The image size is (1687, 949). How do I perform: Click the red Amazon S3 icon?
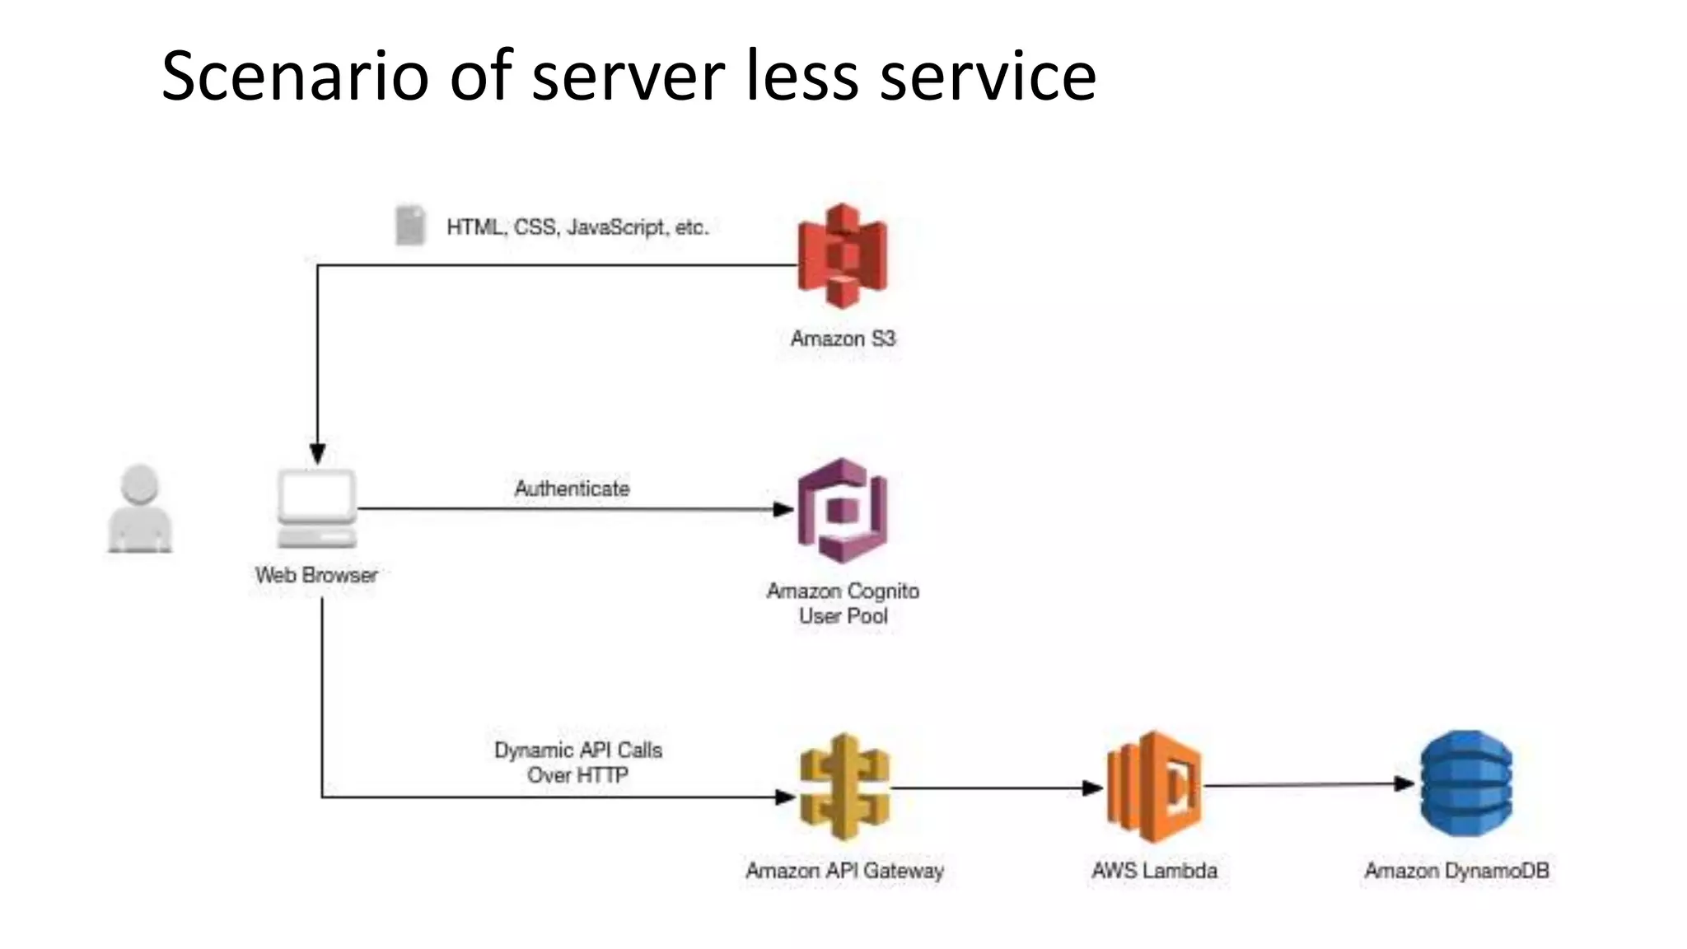point(842,256)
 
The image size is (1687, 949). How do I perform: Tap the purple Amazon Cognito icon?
point(842,511)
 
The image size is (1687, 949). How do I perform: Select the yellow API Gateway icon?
point(844,787)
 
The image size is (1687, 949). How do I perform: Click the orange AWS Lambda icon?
point(1153,787)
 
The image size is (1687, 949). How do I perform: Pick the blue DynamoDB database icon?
point(1465,783)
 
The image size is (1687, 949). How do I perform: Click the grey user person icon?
point(140,508)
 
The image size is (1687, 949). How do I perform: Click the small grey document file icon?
point(410,225)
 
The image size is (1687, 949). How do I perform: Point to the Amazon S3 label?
point(843,339)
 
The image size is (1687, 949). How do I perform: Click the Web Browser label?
point(316,575)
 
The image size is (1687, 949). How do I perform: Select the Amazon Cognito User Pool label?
point(843,603)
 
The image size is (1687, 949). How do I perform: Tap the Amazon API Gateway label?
point(844,871)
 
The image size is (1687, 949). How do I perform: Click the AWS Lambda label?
point(1154,871)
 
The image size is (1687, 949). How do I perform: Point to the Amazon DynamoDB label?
point(1456,871)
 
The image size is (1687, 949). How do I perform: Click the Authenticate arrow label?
point(572,489)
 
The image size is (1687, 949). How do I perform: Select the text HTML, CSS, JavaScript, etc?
point(577,227)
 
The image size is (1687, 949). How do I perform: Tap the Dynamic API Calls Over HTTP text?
point(577,762)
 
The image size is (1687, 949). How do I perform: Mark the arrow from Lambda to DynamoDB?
point(1310,785)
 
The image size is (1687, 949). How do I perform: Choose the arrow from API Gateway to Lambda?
point(997,788)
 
